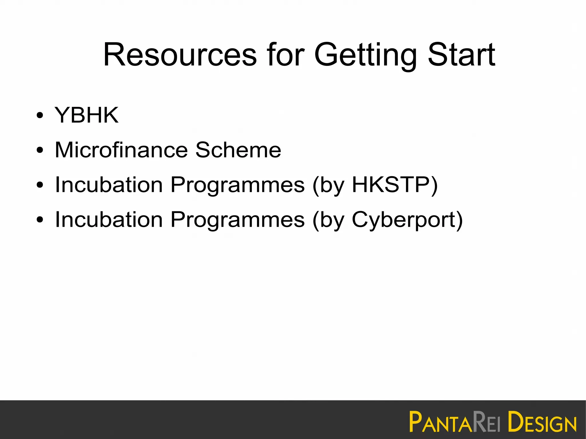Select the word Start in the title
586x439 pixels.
click(x=461, y=55)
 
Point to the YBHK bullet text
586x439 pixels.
click(x=86, y=115)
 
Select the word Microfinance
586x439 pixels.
click(x=121, y=150)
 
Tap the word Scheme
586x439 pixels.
click(x=238, y=150)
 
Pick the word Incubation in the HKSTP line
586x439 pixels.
click(x=109, y=185)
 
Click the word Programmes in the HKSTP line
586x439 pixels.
click(x=237, y=185)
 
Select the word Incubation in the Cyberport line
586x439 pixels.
click(x=109, y=220)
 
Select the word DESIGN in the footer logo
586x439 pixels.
click(x=542, y=422)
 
